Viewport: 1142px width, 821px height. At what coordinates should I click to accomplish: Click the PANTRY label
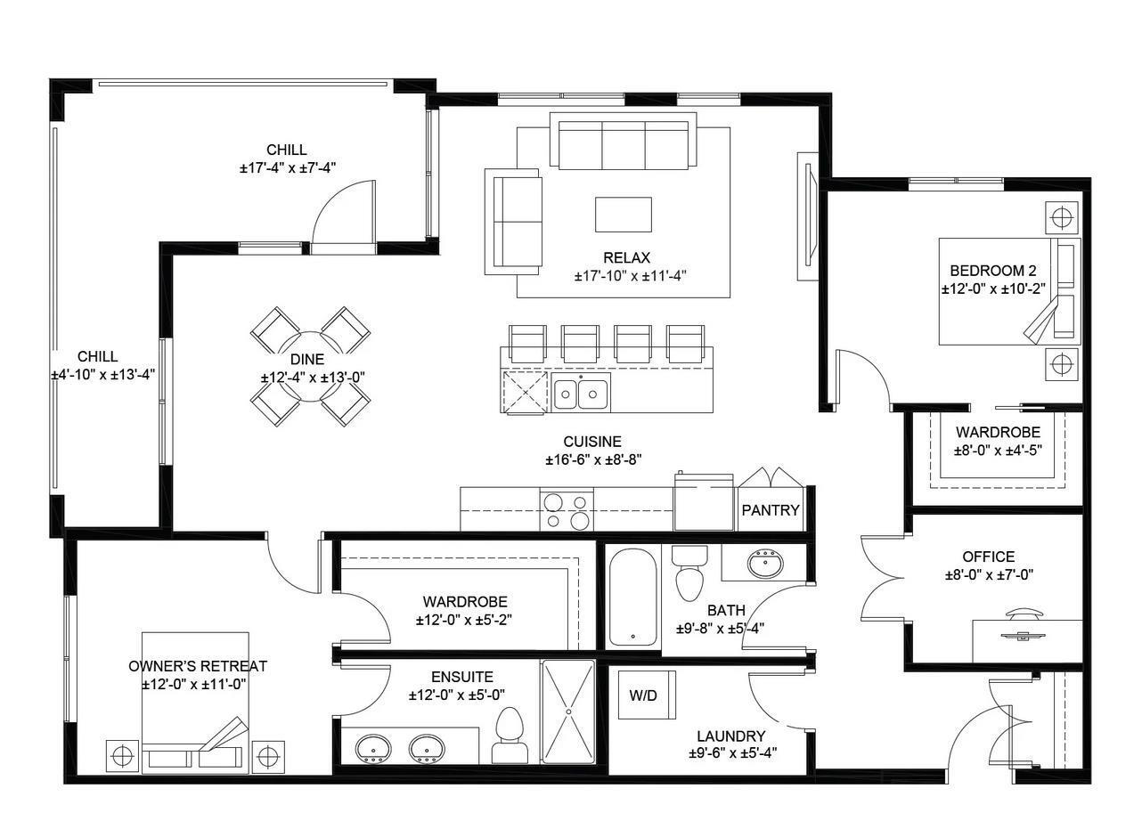[771, 511]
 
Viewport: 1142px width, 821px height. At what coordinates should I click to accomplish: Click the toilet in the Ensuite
[510, 735]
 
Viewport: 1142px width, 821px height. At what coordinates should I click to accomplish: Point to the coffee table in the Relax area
[623, 214]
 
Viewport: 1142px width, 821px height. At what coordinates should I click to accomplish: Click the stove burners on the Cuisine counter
[567, 510]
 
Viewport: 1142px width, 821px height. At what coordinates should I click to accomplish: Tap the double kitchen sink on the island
[581, 393]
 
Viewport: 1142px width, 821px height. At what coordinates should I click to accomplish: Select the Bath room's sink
[764, 563]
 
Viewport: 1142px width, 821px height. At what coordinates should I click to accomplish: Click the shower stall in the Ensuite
[567, 711]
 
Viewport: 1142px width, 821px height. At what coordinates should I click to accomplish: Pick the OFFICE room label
[988, 557]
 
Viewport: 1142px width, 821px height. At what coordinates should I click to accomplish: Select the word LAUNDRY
[730, 736]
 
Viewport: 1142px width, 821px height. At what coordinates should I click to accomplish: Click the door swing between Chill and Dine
[343, 214]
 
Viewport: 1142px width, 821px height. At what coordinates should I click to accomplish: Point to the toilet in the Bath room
[689, 572]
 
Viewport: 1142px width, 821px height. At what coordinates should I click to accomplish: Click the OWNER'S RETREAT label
[197, 666]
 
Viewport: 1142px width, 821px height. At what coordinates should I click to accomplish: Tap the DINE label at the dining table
[307, 360]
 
